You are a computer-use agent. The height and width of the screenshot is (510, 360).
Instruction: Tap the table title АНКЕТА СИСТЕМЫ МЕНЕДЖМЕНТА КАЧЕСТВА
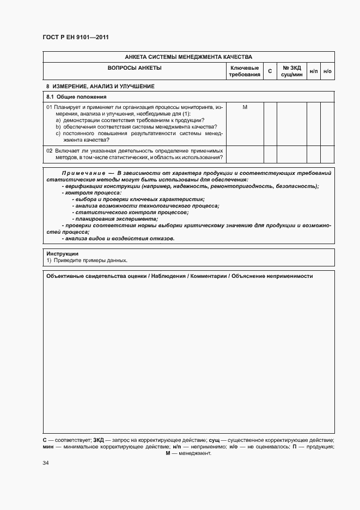click(188, 57)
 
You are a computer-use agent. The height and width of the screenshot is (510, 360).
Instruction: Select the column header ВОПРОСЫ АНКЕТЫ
click(135, 68)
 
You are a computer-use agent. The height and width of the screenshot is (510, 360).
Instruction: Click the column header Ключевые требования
click(245, 71)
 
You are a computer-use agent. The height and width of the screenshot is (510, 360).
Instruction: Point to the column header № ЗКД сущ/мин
click(291, 71)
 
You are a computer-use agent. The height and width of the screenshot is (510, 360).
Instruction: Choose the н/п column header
click(314, 71)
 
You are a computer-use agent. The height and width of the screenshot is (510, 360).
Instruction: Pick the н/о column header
click(327, 71)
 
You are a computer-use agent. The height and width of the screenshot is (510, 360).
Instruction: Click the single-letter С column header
click(270, 71)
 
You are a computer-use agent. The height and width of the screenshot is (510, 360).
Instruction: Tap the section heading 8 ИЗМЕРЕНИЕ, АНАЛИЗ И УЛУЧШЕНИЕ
click(100, 87)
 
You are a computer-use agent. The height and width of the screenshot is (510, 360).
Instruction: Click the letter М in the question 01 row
click(245, 107)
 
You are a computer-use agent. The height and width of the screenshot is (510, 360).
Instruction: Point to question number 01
click(49, 107)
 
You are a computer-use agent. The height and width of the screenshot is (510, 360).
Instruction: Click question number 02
click(49, 150)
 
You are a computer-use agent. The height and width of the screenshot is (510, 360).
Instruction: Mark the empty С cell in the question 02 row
click(270, 154)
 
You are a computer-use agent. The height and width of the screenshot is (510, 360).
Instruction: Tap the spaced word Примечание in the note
click(80, 173)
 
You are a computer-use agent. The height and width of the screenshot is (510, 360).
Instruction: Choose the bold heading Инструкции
click(62, 254)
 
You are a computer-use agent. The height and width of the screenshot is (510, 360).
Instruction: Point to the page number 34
click(46, 463)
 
